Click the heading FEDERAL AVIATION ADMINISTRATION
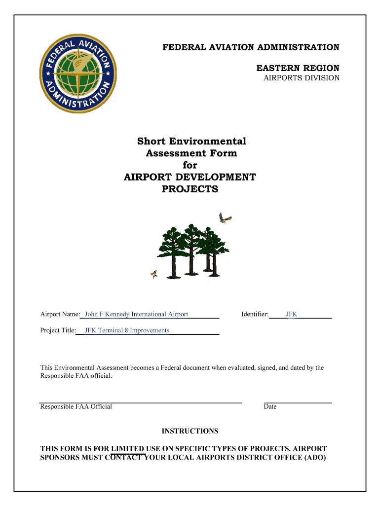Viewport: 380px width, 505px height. point(251,47)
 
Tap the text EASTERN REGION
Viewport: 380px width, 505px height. point(298,68)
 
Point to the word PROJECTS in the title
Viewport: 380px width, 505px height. point(190,189)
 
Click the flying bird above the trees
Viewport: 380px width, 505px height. point(225,218)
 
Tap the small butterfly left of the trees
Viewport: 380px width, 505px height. point(154,274)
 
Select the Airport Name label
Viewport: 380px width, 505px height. point(60,314)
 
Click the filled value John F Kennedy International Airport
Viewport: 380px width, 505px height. point(136,314)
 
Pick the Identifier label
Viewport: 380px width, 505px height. point(255,314)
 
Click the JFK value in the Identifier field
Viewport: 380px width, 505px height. point(292,314)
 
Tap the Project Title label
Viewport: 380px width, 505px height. point(58,330)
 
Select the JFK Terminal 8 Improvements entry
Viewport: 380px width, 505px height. point(127,330)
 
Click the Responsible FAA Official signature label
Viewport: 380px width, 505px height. point(76,407)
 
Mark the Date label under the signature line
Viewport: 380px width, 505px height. point(270,407)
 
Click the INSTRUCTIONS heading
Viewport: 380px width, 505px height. point(190,431)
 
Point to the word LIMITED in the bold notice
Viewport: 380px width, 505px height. point(128,449)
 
